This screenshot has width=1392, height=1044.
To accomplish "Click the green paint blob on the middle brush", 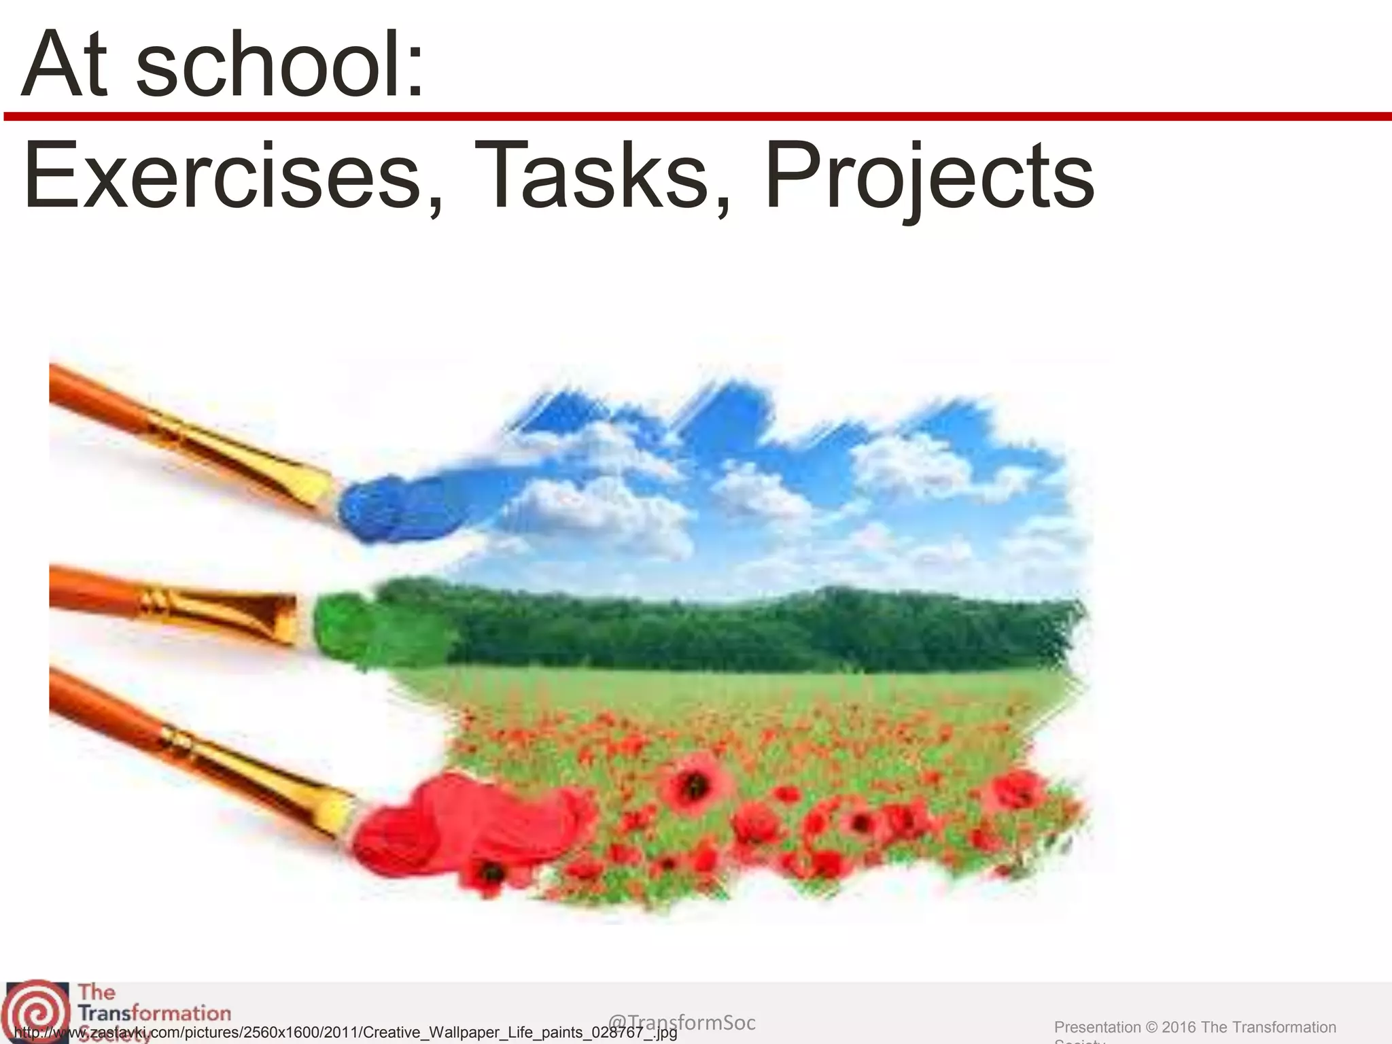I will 360,629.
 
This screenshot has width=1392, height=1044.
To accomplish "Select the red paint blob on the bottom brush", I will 435,826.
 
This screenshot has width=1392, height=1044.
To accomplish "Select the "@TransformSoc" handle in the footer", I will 681,1022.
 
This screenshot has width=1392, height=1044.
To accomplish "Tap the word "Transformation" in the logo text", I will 155,1013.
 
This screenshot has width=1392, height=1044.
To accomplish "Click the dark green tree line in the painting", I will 748,629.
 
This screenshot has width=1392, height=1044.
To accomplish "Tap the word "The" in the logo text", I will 97,992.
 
